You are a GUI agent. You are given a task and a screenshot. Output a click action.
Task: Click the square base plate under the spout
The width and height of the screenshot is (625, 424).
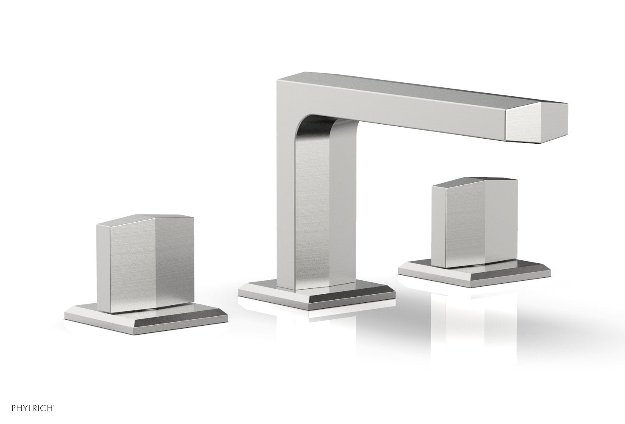tap(316, 293)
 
